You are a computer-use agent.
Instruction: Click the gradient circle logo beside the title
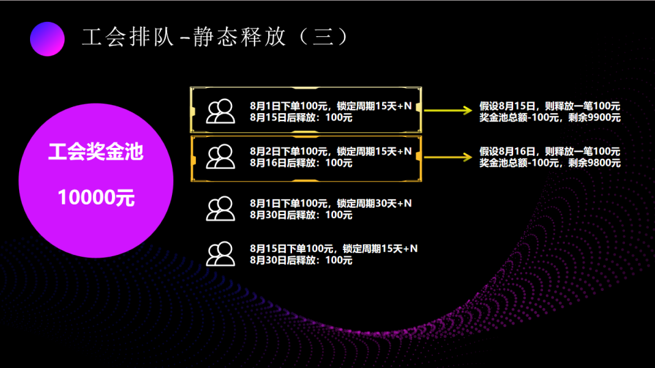coord(47,37)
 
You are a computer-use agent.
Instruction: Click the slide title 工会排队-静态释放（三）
coord(215,37)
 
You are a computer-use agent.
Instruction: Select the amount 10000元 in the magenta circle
coord(96,198)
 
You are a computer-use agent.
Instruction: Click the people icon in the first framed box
coord(220,111)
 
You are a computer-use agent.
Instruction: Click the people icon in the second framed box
coord(220,157)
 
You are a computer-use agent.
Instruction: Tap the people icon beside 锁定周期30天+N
coord(220,209)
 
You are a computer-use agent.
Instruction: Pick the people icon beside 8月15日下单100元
coord(220,254)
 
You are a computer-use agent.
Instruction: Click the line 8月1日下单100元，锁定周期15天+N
coord(331,106)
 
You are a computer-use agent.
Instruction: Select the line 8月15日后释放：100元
coord(301,117)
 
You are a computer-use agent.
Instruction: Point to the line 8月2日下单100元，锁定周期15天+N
coord(331,151)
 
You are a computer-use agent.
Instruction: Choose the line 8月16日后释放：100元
coord(301,162)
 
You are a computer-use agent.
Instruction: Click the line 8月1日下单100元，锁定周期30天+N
coord(331,203)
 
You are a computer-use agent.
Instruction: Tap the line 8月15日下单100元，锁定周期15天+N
coord(334,248)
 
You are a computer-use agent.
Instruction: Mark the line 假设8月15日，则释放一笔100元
coord(550,106)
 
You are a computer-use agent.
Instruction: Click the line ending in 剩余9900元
coord(550,117)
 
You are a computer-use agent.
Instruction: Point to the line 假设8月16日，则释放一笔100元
coord(550,151)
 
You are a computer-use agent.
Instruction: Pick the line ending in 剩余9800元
coord(550,162)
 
